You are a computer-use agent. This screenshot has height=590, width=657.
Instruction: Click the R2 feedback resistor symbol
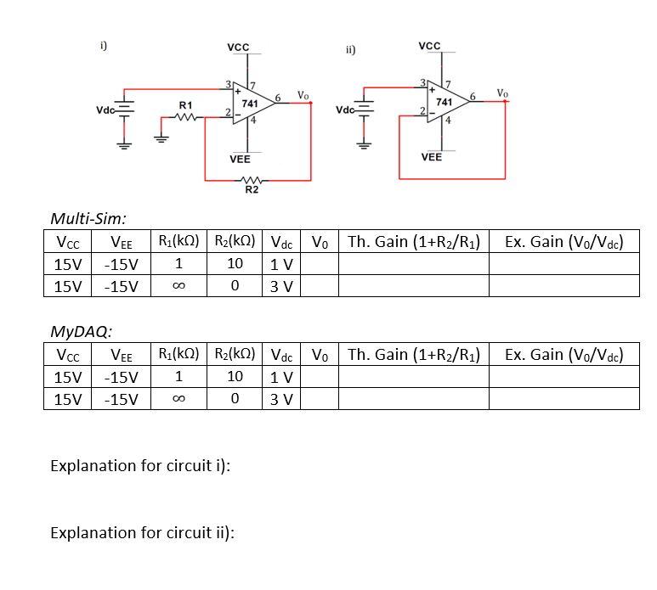[x=251, y=179]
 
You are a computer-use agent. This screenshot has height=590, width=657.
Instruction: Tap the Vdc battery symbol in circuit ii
[x=365, y=108]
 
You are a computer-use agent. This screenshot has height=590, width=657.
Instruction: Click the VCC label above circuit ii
[x=430, y=45]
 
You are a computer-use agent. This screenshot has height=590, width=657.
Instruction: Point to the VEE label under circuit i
[x=240, y=159]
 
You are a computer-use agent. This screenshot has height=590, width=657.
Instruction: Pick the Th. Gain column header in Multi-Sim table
[x=415, y=242]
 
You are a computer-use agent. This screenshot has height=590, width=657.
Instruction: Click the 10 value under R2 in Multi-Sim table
[x=235, y=264]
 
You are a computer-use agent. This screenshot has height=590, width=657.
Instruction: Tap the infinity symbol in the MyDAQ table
[x=178, y=398]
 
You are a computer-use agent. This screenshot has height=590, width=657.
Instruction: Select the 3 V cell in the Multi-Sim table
[x=281, y=286]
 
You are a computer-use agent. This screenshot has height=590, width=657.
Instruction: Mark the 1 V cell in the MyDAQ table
[x=281, y=376]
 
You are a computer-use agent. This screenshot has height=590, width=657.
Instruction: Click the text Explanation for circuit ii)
[x=143, y=532]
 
